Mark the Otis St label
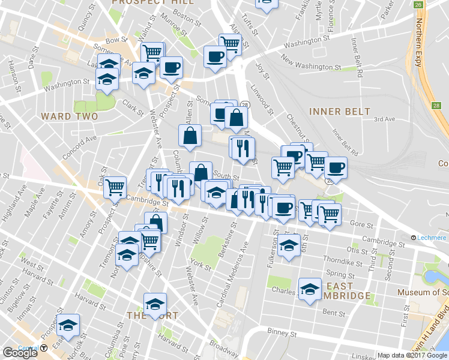[x=357, y=250]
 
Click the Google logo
[x=20, y=353]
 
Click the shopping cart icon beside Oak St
[x=114, y=186]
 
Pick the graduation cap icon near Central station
[x=68, y=323]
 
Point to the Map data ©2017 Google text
[x=412, y=355]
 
